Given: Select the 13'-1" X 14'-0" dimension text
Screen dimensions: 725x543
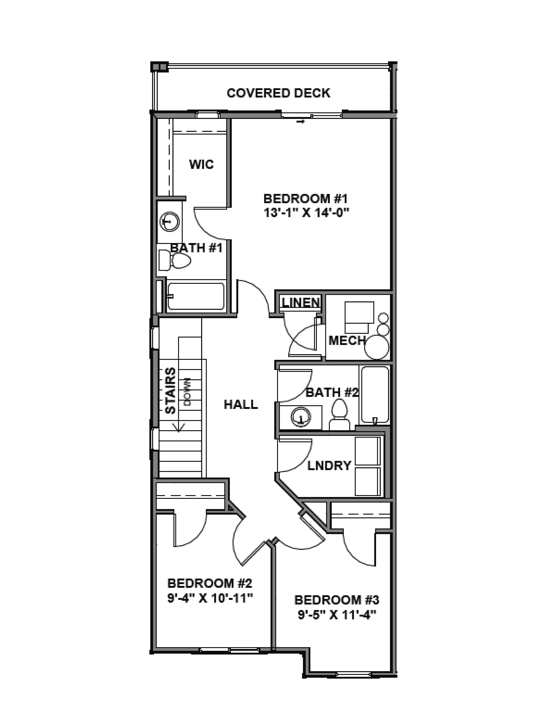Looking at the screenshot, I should click(x=306, y=213).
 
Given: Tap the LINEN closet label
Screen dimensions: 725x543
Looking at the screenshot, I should click(x=301, y=302).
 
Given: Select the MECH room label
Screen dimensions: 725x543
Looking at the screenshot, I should click(x=347, y=341).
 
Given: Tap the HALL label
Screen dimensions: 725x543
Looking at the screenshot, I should click(x=241, y=404).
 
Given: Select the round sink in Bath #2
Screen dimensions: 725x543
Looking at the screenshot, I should click(x=301, y=417).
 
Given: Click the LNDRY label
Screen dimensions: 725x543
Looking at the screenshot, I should click(x=329, y=465).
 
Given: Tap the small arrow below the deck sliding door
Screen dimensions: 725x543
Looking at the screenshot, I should click(x=301, y=122).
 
